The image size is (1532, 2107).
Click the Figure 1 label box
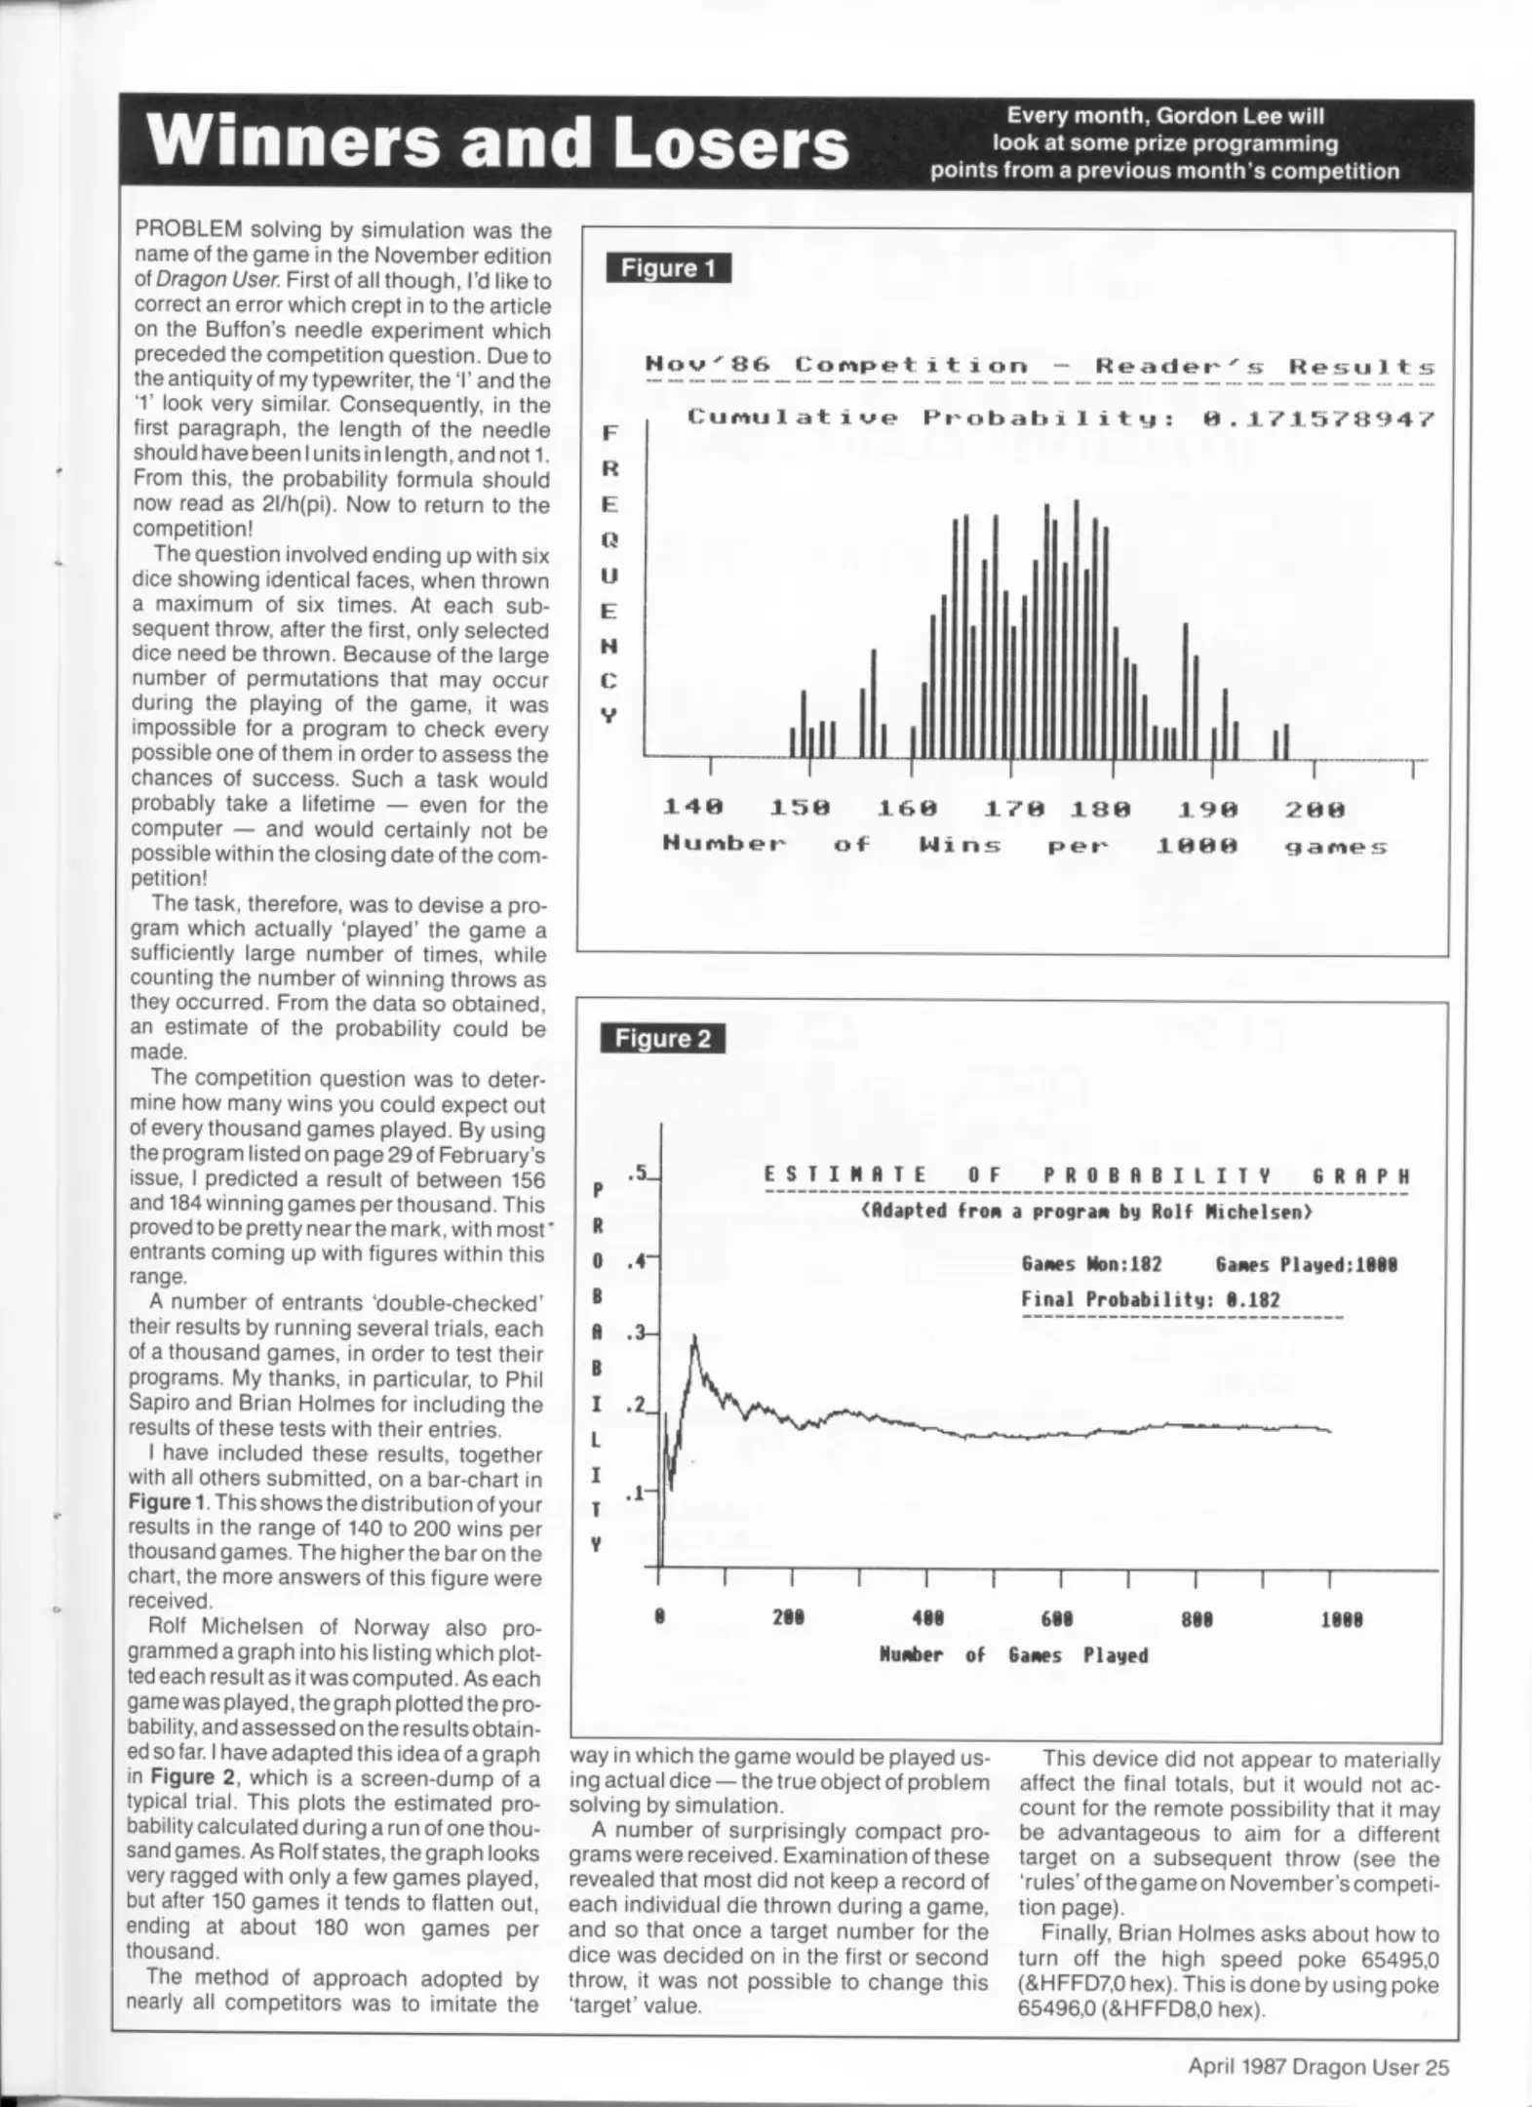click(x=668, y=268)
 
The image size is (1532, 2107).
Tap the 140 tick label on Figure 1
click(x=692, y=809)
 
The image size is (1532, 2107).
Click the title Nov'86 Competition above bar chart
click(x=837, y=367)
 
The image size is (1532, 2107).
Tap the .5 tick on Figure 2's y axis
click(x=641, y=1173)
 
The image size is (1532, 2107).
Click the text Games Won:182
click(x=1091, y=1264)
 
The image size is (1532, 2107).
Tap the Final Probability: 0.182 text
click(x=1150, y=1299)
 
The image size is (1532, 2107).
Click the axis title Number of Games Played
click(x=1013, y=1655)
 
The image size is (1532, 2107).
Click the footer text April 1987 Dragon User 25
click(x=1318, y=2066)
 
